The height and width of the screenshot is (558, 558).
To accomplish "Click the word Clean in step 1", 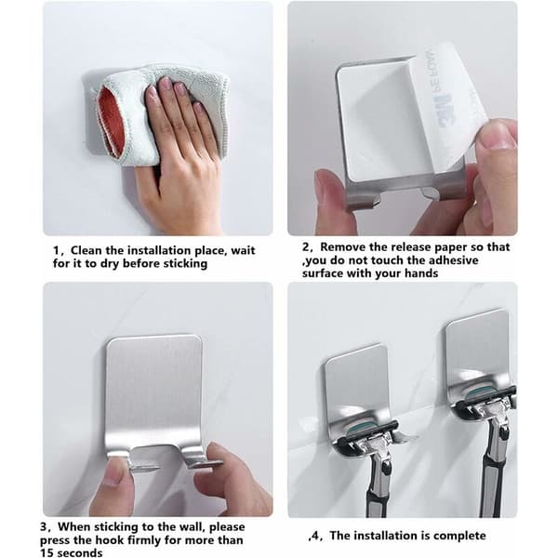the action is point(86,250).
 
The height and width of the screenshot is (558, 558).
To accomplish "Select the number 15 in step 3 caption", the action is point(47,553).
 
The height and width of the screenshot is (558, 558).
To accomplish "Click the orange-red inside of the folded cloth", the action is point(111,121).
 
